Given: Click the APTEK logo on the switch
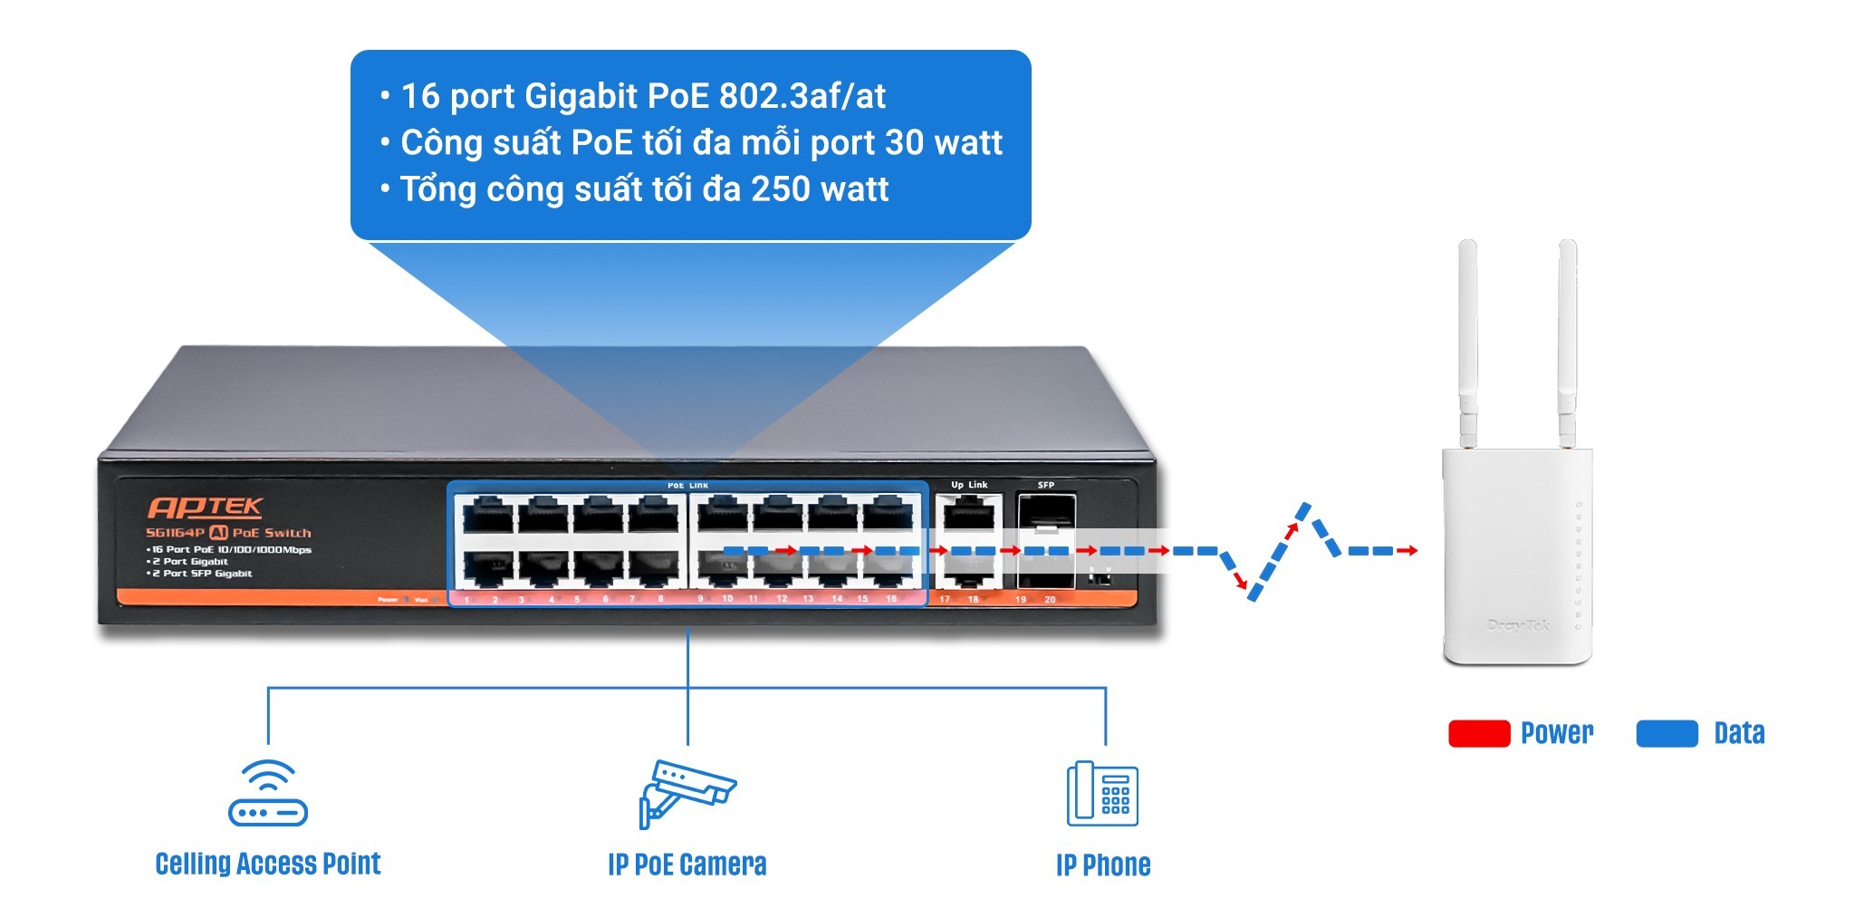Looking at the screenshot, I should point(205,507).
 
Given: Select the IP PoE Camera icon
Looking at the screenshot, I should point(687,794).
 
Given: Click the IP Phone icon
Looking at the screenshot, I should point(1102,794).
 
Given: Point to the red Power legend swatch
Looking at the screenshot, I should point(1478,733).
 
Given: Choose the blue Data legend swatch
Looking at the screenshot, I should point(1667,733).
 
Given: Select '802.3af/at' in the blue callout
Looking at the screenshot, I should point(802,95).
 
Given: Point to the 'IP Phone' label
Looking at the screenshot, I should point(1102,865).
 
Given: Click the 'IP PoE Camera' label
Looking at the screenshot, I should point(687,865).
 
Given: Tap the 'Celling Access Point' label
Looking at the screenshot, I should point(268,864).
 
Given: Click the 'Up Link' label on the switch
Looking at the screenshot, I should point(969,485).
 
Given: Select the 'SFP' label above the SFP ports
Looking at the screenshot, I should point(1046,485).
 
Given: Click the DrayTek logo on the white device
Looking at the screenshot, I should point(1518,624).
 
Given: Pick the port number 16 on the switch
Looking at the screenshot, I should point(891,599).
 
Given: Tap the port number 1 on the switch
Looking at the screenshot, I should point(466,600).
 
